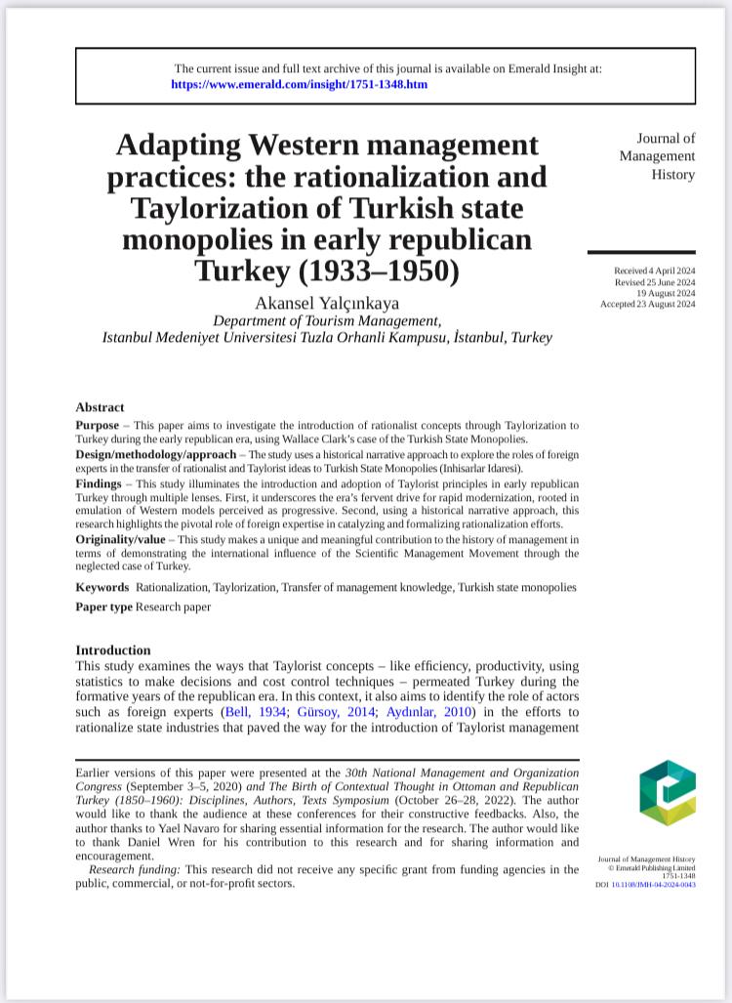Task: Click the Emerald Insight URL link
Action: (299, 85)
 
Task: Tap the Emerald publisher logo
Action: (668, 792)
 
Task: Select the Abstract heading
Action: (100, 407)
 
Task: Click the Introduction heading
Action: (113, 650)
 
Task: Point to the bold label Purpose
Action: (102, 426)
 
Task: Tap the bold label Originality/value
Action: (126, 539)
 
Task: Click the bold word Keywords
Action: (102, 587)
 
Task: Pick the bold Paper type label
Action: (103, 606)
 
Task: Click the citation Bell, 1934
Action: (255, 713)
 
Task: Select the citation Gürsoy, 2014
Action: (322, 713)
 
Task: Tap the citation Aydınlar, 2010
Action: (411, 713)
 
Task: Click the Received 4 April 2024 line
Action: (654, 270)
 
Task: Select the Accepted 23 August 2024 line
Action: (648, 304)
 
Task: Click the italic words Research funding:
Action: (136, 869)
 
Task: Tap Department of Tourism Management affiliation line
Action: (327, 320)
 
